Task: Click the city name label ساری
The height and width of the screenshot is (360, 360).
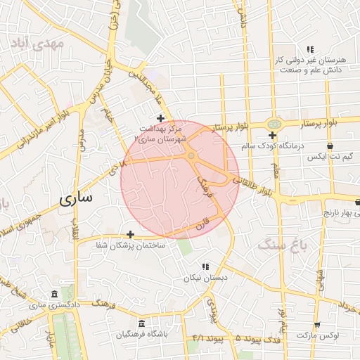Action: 76,198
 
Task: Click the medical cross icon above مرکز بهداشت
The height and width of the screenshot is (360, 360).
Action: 160,118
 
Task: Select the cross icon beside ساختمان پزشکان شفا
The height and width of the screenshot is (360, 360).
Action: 130,234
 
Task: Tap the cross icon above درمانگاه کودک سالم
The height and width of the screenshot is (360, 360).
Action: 272,135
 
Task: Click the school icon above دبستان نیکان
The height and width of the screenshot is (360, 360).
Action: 205,266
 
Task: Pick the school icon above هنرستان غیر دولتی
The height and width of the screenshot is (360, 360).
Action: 310,49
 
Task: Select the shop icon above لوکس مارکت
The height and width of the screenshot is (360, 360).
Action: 317,325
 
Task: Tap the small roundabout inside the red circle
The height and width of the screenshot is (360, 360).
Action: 191,155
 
